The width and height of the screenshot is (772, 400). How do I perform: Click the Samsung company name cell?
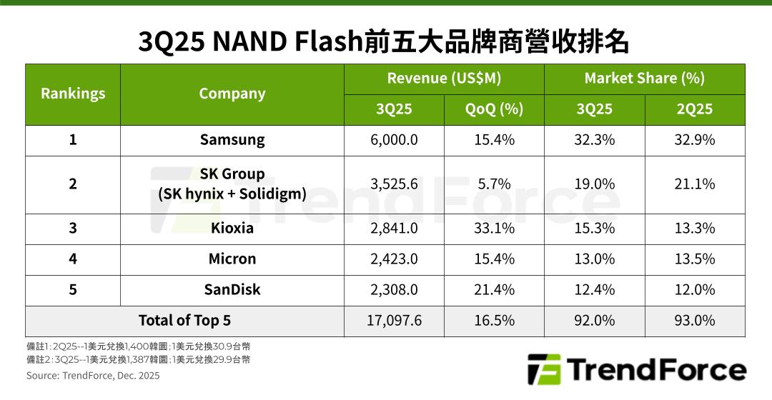coord(232,140)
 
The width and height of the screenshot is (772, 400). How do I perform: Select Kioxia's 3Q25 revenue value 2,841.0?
coord(394,229)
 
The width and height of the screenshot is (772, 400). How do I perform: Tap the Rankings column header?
coord(73,94)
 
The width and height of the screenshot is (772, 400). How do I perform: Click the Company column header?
coord(232,94)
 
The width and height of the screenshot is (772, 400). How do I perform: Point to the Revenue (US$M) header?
coord(444,79)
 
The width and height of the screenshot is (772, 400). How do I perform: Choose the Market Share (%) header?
coord(644,79)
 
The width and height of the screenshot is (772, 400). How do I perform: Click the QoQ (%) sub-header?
coord(494,109)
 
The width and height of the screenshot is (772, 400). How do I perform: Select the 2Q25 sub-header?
coord(695,109)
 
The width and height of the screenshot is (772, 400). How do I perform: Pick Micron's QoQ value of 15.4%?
coord(494,259)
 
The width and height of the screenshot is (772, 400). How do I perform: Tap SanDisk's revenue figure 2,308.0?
coord(394,289)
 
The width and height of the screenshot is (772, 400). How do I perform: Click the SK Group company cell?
coord(232,184)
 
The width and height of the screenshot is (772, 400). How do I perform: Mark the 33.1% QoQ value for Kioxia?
coord(494,229)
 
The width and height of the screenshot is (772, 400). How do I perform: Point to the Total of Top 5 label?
coord(184,321)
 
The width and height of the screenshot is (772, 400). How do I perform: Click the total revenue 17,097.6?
coord(394,321)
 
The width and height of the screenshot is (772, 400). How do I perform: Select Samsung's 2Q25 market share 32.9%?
coord(695,140)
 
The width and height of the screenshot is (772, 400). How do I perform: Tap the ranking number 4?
coord(73,259)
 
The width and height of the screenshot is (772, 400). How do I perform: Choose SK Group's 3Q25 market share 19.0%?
coord(594,184)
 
